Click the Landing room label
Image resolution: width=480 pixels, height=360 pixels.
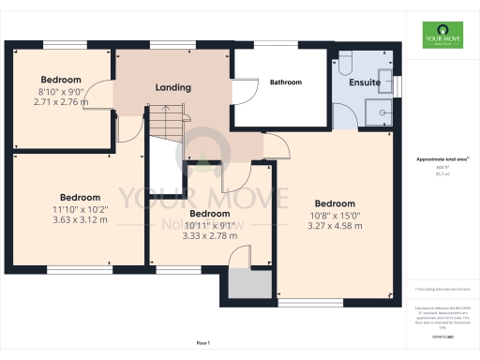(x=173, y=87)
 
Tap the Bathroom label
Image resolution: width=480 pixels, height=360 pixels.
(x=286, y=82)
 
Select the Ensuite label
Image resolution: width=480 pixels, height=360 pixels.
(x=364, y=82)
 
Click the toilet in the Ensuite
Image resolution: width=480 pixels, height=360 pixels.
(x=345, y=63)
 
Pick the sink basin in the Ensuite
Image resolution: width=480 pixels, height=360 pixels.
(x=384, y=77)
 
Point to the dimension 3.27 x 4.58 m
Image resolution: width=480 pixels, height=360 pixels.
(x=335, y=226)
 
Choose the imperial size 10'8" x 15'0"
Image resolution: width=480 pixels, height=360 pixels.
(x=335, y=215)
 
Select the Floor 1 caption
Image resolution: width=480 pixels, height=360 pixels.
(x=203, y=343)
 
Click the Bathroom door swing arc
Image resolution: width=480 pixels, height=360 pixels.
(x=245, y=91)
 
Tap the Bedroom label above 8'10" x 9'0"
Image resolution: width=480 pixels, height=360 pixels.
(x=61, y=80)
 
